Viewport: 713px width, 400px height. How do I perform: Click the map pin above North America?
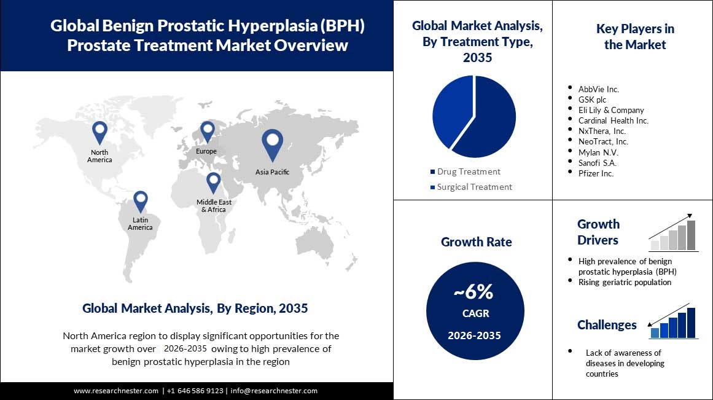[99, 132]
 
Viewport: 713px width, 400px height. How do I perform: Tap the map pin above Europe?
[207, 131]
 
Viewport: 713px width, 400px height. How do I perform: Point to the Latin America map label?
[140, 224]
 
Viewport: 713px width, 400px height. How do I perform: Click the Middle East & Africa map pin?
[213, 182]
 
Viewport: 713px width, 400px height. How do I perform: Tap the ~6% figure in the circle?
[473, 292]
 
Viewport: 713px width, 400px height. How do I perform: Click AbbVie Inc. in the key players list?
[598, 89]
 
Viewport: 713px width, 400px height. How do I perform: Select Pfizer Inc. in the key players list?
[596, 173]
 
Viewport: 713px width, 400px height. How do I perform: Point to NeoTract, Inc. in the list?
[603, 141]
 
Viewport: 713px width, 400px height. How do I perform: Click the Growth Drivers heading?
[598, 232]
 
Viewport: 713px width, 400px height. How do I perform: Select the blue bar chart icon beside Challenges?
[673, 323]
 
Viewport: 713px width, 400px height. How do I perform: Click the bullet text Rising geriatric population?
[625, 282]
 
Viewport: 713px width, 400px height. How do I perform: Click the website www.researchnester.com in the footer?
[116, 391]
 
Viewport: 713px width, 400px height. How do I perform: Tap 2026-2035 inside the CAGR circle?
[473, 335]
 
